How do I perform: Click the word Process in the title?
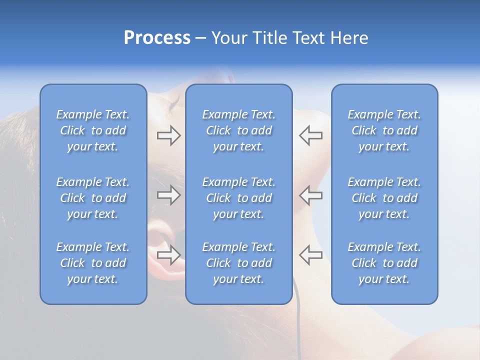(157, 38)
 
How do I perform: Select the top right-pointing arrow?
(168, 135)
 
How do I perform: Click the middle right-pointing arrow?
(168, 195)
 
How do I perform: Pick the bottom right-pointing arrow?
(168, 254)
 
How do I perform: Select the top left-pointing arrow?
(311, 135)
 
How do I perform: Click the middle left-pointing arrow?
(311, 195)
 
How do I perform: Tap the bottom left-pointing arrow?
(311, 254)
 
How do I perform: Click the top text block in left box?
(93, 130)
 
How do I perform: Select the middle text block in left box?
(93, 198)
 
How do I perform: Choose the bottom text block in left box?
(93, 263)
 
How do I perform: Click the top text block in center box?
(238, 130)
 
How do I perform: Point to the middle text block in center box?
(238, 198)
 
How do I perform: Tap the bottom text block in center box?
(238, 263)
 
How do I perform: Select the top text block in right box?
(384, 130)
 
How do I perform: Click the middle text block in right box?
(384, 198)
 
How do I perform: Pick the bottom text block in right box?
(384, 263)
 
